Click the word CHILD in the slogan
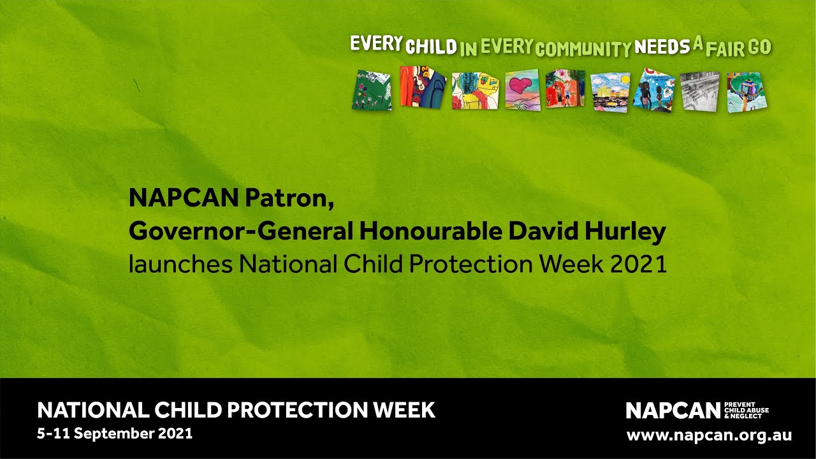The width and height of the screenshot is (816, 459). (x=432, y=47)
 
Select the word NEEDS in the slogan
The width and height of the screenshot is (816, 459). (x=662, y=46)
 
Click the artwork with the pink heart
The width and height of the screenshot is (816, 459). (x=522, y=90)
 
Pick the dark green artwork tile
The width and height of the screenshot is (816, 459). (x=372, y=90)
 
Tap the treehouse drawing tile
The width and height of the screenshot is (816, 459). (x=747, y=92)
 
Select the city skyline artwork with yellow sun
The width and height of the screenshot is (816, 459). (x=610, y=92)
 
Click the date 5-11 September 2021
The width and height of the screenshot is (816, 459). (x=115, y=433)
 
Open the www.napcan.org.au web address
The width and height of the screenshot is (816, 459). (x=709, y=436)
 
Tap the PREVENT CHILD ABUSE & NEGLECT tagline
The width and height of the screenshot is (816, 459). (x=747, y=411)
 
